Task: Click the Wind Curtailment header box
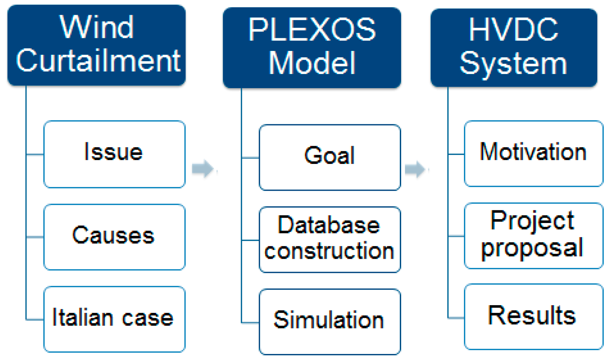[96, 45]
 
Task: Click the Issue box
[114, 154]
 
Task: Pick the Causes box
[114, 236]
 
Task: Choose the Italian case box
[114, 319]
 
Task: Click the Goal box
[329, 157]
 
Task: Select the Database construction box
[329, 239]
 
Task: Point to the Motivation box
[533, 153]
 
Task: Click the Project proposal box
[533, 235]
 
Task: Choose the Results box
[533, 316]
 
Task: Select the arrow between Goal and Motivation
[415, 169]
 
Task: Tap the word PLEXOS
[312, 30]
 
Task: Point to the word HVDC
[513, 30]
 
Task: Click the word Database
[329, 225]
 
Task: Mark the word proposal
[532, 248]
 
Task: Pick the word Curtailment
[98, 61]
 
